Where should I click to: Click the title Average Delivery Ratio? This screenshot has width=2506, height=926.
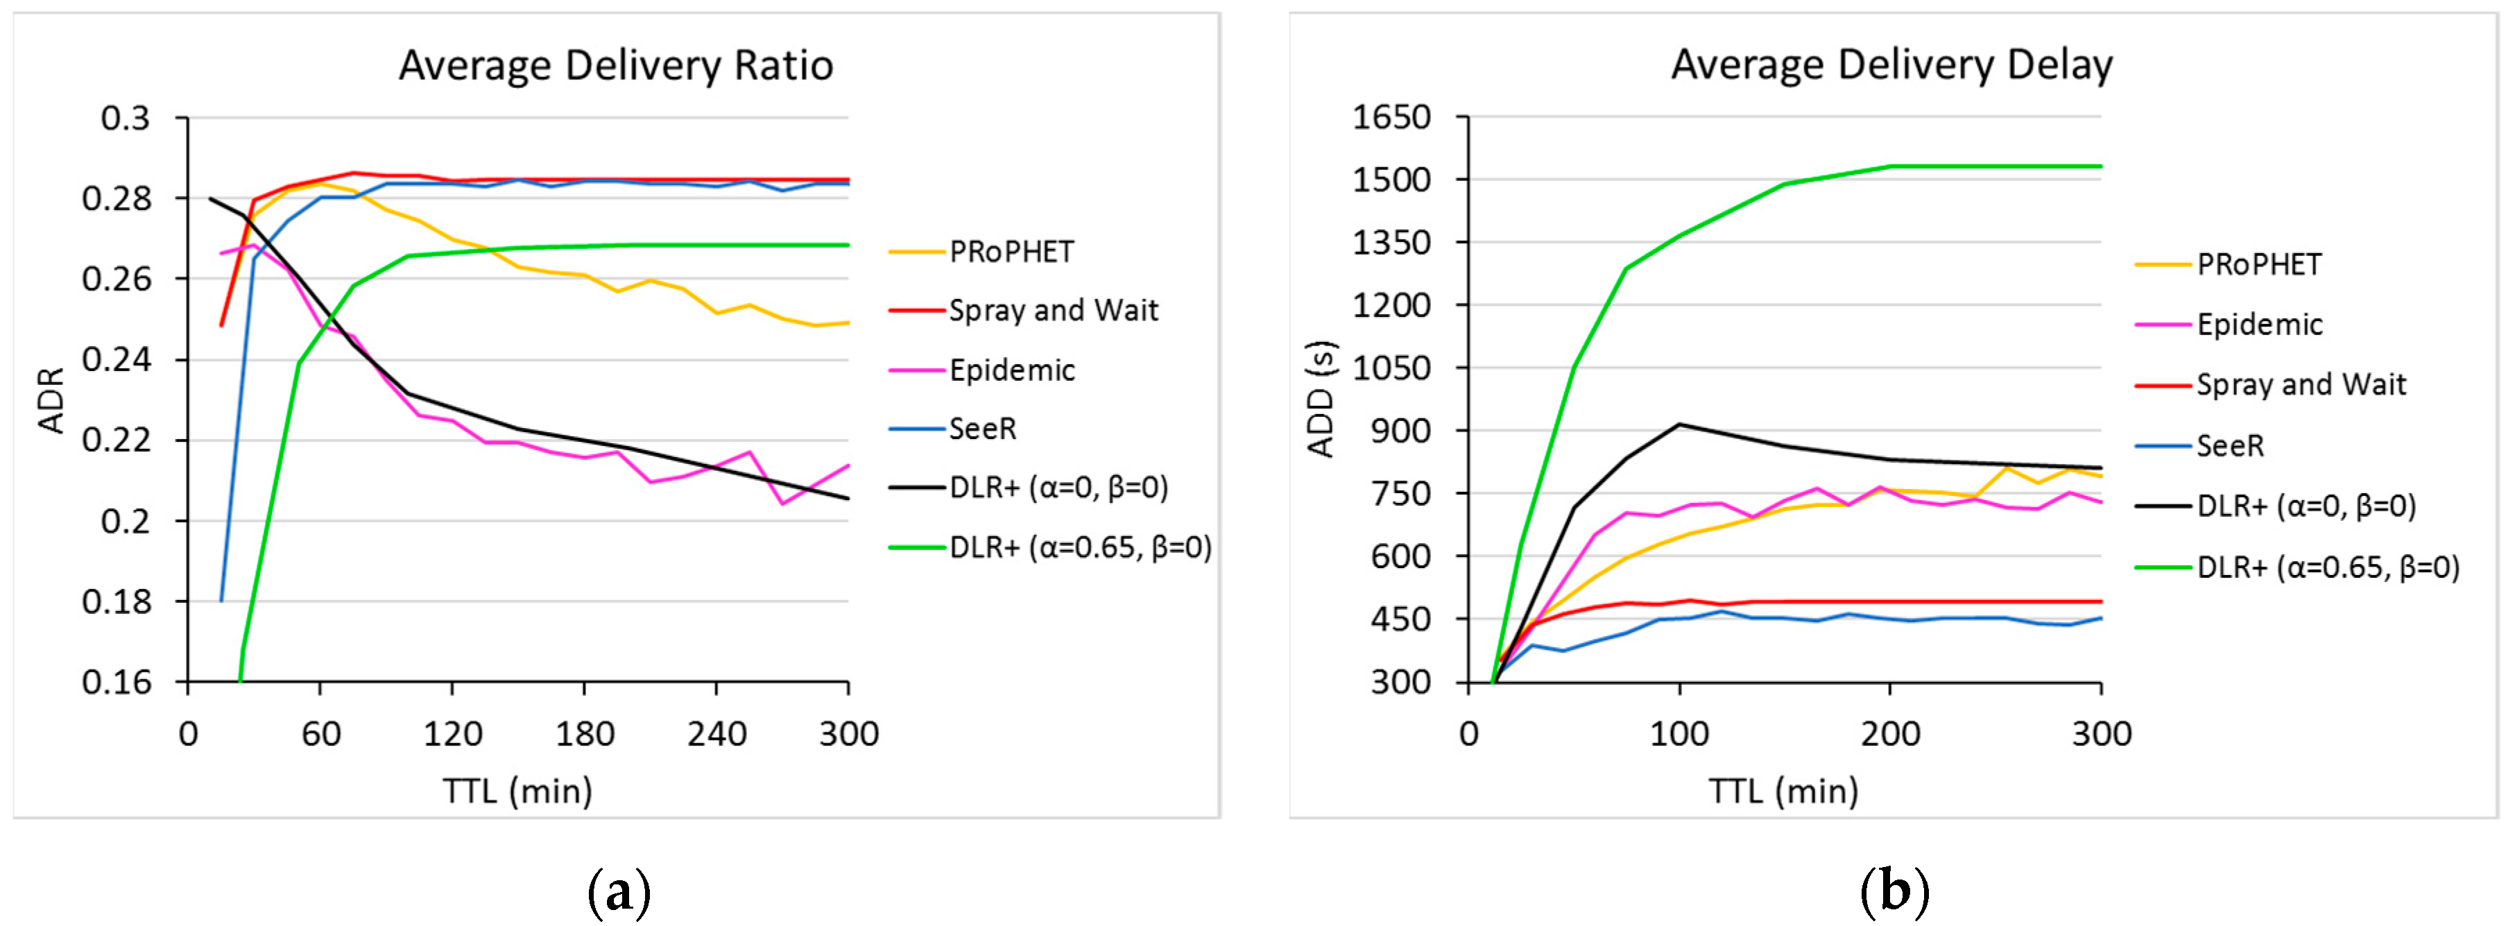click(616, 66)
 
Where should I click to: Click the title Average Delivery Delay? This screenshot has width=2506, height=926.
click(1891, 66)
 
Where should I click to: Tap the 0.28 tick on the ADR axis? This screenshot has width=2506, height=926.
click(116, 198)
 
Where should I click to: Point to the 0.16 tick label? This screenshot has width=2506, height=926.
click(116, 682)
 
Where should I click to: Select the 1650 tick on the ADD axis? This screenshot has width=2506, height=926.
click(1391, 118)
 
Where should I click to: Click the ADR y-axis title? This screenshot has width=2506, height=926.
click(51, 400)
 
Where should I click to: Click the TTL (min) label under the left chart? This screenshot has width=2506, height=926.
click(517, 791)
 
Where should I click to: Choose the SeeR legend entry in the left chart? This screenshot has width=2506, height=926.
click(983, 429)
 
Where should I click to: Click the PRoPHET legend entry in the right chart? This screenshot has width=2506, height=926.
click(2259, 264)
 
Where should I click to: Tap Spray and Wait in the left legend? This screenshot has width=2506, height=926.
click(1054, 311)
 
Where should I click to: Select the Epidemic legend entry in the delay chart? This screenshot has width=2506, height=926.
click(2259, 325)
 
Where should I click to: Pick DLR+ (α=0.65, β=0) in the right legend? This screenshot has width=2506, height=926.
click(2327, 567)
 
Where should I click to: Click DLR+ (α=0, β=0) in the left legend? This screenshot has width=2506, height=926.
click(1058, 488)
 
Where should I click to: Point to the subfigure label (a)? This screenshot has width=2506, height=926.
click(619, 891)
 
